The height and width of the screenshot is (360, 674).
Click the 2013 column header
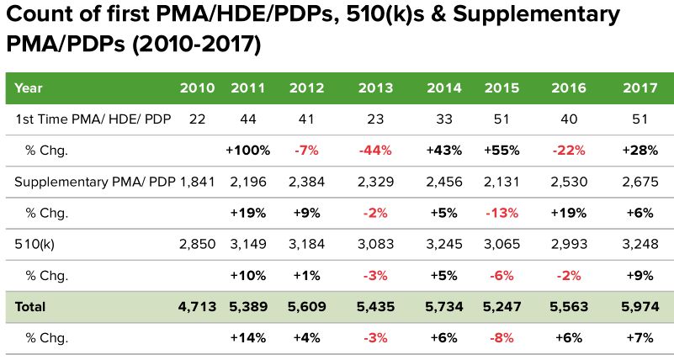point(374,87)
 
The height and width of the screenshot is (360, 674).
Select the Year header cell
point(29,87)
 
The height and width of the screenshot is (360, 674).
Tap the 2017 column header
point(639,87)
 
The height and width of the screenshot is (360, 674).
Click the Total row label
point(30,307)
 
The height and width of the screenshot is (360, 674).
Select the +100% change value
point(247,151)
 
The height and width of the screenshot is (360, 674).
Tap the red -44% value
point(374,151)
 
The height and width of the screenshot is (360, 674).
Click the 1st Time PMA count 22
point(198,119)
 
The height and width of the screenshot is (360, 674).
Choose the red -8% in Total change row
point(502,338)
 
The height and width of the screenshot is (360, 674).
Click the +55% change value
point(502,151)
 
